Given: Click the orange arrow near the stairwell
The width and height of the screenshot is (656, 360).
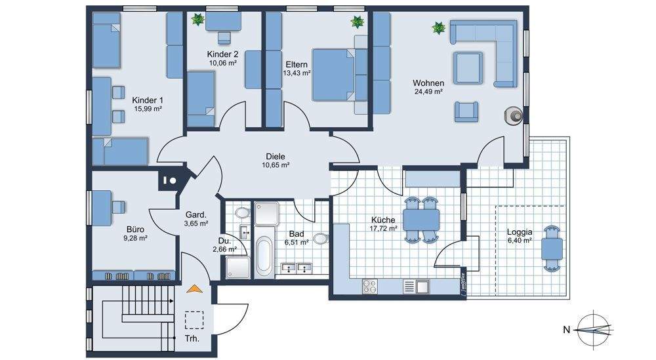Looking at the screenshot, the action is pyautogui.click(x=194, y=289).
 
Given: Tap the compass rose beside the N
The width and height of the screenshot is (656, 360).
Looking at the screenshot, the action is pyautogui.click(x=593, y=330).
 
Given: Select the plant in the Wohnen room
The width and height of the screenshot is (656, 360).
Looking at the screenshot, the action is pyautogui.click(x=438, y=28).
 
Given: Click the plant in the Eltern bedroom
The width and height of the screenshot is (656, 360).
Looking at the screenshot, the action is pyautogui.click(x=358, y=22).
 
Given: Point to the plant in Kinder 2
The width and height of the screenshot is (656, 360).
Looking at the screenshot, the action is pyautogui.click(x=197, y=19).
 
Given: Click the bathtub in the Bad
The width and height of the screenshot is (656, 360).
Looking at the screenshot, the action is pyautogui.click(x=264, y=256).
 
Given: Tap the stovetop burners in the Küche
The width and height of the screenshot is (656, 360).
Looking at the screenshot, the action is pyautogui.click(x=369, y=287).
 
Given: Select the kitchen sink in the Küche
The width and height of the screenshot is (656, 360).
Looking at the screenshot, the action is pyautogui.click(x=417, y=287).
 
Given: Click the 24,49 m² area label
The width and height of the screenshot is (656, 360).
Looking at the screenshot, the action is pyautogui.click(x=428, y=92).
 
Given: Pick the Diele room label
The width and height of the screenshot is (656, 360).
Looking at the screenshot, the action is pyautogui.click(x=276, y=156).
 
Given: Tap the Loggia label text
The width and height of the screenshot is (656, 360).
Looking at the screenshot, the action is pyautogui.click(x=520, y=231).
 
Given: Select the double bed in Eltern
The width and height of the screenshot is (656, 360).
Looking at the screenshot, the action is pyautogui.click(x=339, y=75).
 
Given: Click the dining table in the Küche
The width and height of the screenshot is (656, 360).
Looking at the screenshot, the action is pyautogui.click(x=421, y=220).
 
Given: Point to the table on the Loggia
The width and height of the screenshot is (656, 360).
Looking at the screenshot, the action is pyautogui.click(x=552, y=249).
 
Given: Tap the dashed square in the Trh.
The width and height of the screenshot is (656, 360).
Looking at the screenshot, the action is pyautogui.click(x=194, y=320).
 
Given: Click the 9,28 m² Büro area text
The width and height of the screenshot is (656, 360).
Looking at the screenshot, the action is pyautogui.click(x=135, y=238).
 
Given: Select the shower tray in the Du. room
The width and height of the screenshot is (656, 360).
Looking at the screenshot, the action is pyautogui.click(x=237, y=268).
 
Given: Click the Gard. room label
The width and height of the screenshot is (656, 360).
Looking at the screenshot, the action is pyautogui.click(x=195, y=215).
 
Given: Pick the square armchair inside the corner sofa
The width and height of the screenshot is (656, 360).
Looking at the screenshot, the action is pyautogui.click(x=468, y=68).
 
